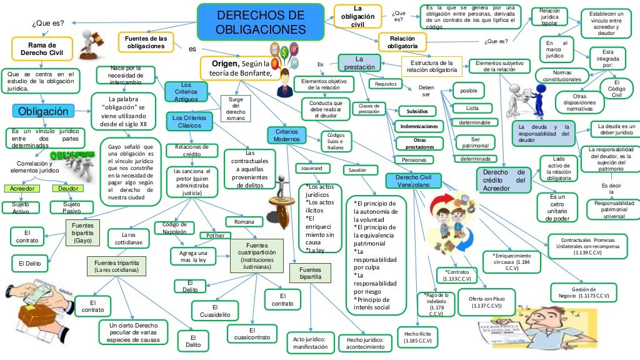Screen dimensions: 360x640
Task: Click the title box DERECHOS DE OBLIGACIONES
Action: click(x=261, y=22)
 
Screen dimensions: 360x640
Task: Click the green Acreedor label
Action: click(x=22, y=188)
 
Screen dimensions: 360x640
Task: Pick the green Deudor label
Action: click(x=68, y=188)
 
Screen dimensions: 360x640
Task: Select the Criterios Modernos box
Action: click(x=287, y=135)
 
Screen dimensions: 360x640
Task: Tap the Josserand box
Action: click(x=312, y=169)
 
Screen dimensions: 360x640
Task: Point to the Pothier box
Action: click(x=211, y=236)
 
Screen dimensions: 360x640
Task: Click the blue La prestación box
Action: click(x=359, y=62)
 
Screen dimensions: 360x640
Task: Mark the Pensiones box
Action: click(x=414, y=160)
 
